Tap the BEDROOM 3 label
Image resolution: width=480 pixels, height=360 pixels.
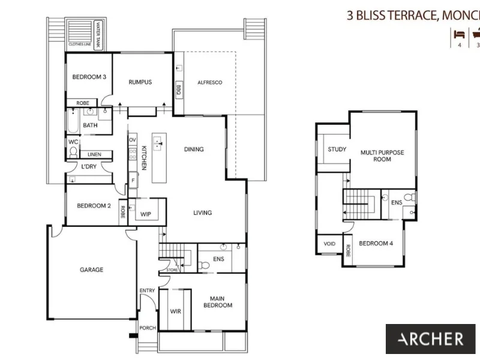coord(89,77)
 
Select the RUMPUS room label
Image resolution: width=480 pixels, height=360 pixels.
coord(140,82)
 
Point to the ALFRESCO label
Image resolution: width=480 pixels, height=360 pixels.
coord(210,82)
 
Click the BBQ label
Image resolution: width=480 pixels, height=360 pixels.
coord(178,89)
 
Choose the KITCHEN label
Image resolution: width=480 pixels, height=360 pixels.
coord(144,157)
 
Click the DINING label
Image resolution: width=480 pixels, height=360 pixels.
coord(194,149)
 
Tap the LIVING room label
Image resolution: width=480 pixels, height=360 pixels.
coord(202,212)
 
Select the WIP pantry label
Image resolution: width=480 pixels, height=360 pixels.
coord(146,214)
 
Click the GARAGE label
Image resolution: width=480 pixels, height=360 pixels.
coord(92,270)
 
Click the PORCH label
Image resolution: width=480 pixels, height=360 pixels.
coord(148,328)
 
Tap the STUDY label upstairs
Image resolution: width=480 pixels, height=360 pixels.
coord(337,149)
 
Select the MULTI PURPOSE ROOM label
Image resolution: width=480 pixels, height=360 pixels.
coord(382,157)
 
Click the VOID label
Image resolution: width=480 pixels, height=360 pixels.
coord(329,244)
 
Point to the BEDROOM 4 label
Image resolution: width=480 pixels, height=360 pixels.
coord(376,244)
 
